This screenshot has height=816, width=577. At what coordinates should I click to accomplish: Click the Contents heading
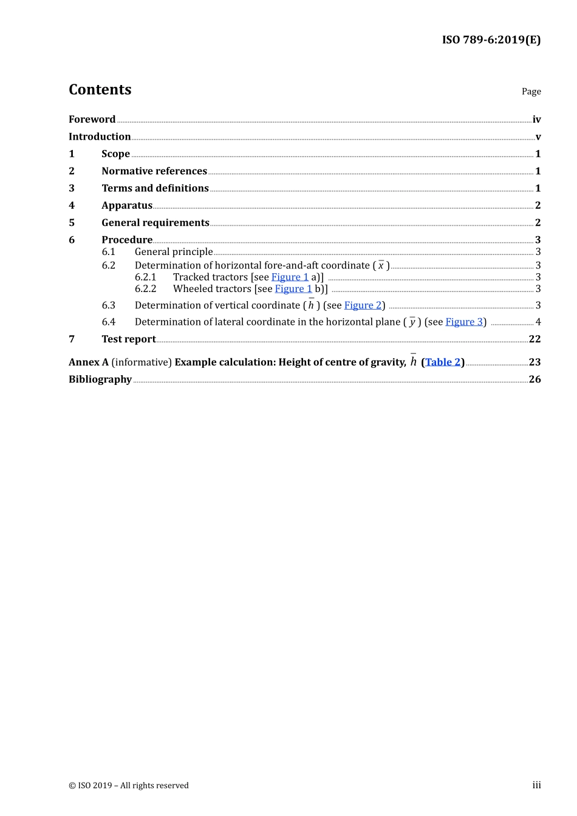click(x=100, y=90)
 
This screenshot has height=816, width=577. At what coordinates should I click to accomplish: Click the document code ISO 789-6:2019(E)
click(x=491, y=40)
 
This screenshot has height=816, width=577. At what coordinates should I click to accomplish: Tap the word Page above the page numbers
click(x=531, y=92)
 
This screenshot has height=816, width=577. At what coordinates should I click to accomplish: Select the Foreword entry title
click(x=92, y=120)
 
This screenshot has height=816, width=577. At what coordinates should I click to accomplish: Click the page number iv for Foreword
click(x=536, y=120)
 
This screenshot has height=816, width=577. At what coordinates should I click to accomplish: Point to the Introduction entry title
click(x=100, y=137)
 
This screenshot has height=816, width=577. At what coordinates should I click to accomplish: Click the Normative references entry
click(x=154, y=171)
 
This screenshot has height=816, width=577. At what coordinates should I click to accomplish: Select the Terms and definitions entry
click(x=155, y=188)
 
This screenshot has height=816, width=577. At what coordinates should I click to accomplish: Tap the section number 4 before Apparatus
click(x=72, y=206)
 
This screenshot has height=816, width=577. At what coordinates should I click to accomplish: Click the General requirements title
click(x=155, y=223)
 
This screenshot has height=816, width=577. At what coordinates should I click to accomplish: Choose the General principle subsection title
click(x=174, y=252)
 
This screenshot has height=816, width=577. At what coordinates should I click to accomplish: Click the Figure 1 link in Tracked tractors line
click(x=290, y=277)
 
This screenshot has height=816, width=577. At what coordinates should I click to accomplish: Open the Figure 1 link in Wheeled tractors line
click(x=293, y=289)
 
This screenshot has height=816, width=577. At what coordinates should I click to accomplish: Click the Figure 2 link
click(x=363, y=305)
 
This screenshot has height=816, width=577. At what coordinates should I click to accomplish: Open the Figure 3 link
click(x=464, y=322)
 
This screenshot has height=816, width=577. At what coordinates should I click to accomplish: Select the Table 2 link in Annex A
click(x=443, y=362)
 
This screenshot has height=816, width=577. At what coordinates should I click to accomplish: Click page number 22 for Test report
click(x=534, y=339)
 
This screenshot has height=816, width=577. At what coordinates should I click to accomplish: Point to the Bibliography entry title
click(x=100, y=379)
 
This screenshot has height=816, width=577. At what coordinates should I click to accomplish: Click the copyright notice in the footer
click(x=129, y=786)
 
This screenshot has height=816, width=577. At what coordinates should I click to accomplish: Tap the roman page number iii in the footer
click(x=536, y=785)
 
